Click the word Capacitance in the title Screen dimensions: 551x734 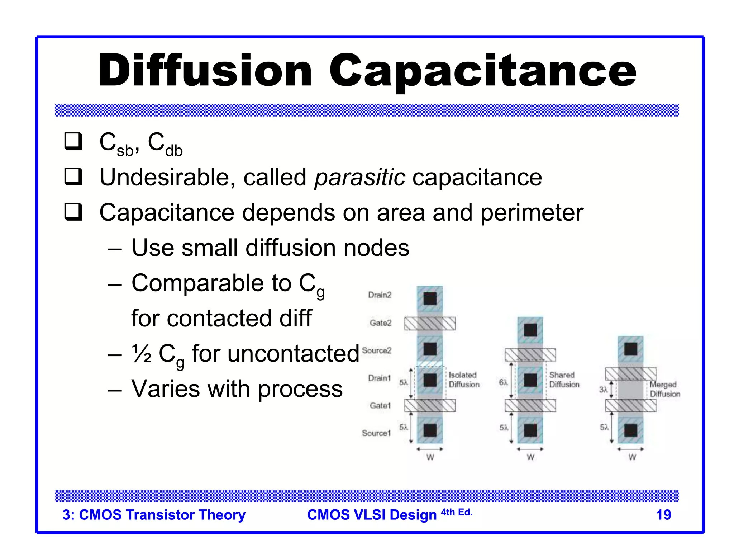pyautogui.click(x=482, y=70)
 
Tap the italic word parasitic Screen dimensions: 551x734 pyautogui.click(x=360, y=178)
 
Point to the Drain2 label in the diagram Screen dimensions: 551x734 pyautogui.click(x=380, y=295)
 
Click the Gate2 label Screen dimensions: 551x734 pyautogui.click(x=380, y=323)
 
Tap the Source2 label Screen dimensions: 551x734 pyautogui.click(x=377, y=350)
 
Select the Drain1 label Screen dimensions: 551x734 pyautogui.click(x=379, y=378)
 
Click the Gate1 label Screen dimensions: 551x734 pyautogui.click(x=380, y=406)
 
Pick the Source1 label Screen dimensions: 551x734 pyautogui.click(x=376, y=433)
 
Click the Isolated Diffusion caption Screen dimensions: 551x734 pyautogui.click(x=464, y=380)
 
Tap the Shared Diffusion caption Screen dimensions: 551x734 pyautogui.click(x=564, y=380)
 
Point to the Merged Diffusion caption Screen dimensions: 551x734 pyautogui.click(x=665, y=389)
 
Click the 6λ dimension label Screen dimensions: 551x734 pyautogui.click(x=503, y=382)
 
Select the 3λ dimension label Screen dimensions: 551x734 pyautogui.click(x=603, y=390)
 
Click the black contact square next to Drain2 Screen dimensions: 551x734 pyautogui.click(x=430, y=298)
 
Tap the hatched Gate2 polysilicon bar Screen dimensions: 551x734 pyautogui.click(x=430, y=323)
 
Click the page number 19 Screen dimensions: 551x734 pyautogui.click(x=663, y=515)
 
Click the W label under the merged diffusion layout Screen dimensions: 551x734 pyautogui.click(x=632, y=457)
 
